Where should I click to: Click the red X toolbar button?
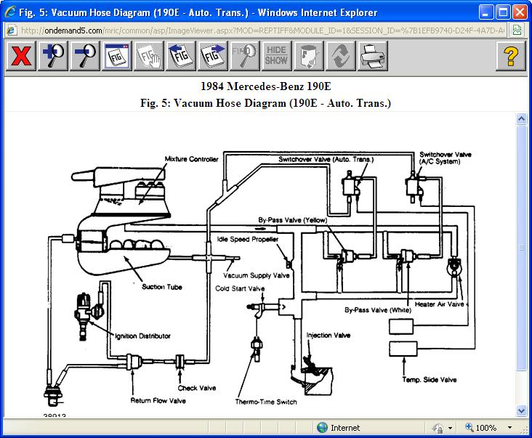[22, 56]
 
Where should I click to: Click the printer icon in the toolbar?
[371, 56]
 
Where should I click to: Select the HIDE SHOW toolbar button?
[275, 56]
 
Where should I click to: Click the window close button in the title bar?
[519, 12]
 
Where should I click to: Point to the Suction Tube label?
[162, 287]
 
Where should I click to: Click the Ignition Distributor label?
[143, 336]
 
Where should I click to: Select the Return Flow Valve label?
[158, 400]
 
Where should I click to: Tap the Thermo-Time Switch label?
[266, 402]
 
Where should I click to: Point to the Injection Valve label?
[329, 336]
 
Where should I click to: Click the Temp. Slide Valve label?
[429, 379]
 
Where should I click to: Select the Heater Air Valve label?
[439, 304]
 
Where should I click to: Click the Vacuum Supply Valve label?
[256, 275]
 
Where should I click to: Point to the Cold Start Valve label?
[240, 288]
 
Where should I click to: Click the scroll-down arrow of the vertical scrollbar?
[521, 410]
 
